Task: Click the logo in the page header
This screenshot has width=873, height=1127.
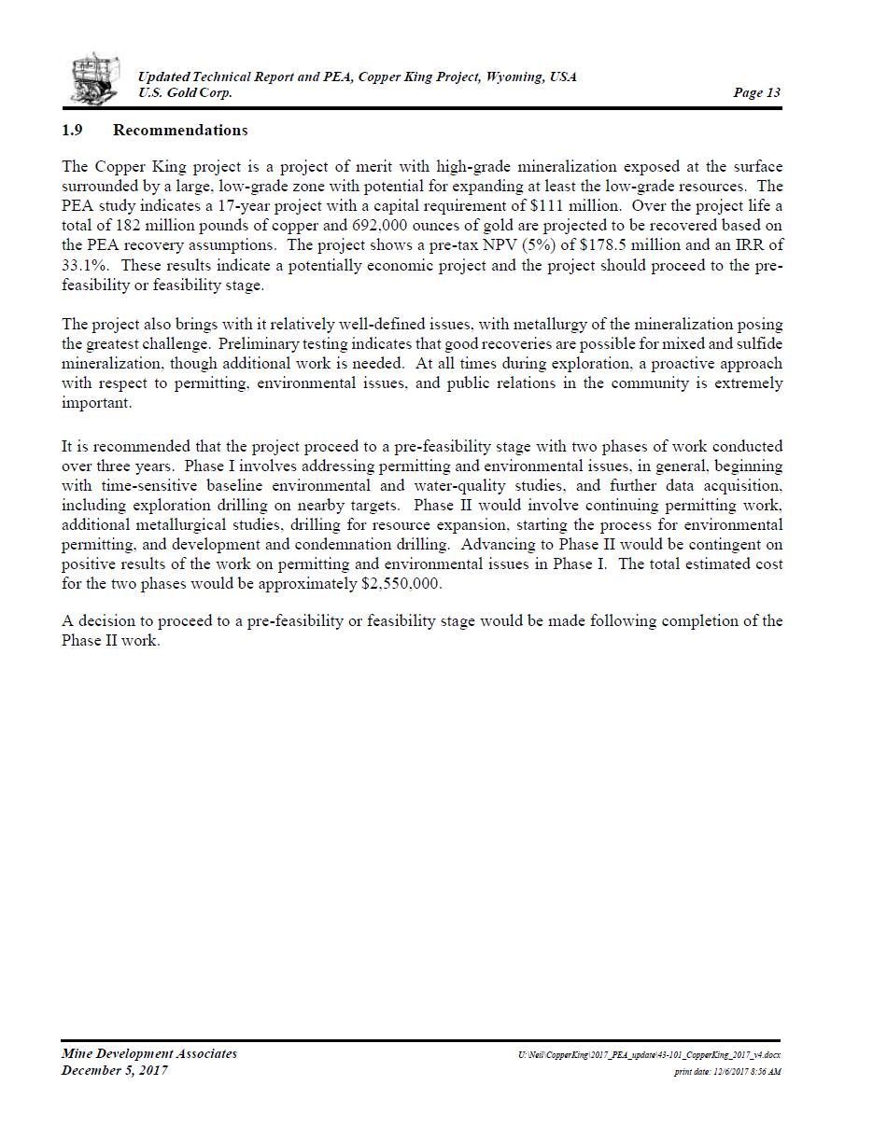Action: [95, 78]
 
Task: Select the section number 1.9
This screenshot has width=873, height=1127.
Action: [73, 131]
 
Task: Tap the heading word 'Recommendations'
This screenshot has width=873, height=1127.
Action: [180, 131]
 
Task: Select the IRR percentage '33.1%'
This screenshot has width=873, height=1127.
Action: [86, 265]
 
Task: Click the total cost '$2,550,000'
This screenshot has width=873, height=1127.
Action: [401, 584]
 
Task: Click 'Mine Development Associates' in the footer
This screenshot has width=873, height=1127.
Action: [149, 1054]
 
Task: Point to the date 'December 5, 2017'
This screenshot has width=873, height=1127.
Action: [115, 1070]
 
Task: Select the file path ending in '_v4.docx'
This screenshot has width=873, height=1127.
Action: [649, 1055]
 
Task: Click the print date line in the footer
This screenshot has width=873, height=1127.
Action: [727, 1072]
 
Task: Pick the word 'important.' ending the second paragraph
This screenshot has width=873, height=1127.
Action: [97, 403]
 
